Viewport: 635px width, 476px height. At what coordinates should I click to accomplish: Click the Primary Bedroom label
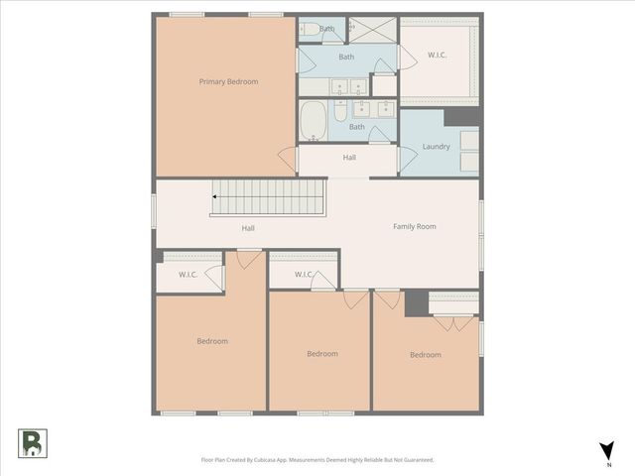point(228,81)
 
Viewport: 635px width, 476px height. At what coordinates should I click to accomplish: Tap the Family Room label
point(414,227)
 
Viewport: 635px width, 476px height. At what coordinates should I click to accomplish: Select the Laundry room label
point(436,147)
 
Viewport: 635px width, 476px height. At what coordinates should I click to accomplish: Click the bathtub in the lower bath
point(313,121)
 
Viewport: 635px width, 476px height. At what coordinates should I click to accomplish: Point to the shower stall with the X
point(372,30)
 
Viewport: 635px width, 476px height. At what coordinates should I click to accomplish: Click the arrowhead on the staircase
point(215,197)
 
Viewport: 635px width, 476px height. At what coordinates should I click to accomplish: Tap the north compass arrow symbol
point(606,449)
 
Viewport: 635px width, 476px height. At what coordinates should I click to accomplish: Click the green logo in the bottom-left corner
point(32,442)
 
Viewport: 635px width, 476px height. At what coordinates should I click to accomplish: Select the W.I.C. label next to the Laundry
point(437,55)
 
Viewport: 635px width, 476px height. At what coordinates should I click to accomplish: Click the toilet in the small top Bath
point(310,30)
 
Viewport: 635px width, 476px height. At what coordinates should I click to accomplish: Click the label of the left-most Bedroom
point(211,341)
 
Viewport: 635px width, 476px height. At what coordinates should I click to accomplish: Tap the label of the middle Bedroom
point(321,354)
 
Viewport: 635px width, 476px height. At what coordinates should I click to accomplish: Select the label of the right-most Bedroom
point(425,355)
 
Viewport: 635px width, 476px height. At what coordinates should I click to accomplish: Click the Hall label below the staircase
point(248,228)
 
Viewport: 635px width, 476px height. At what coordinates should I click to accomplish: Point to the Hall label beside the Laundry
point(349,157)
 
